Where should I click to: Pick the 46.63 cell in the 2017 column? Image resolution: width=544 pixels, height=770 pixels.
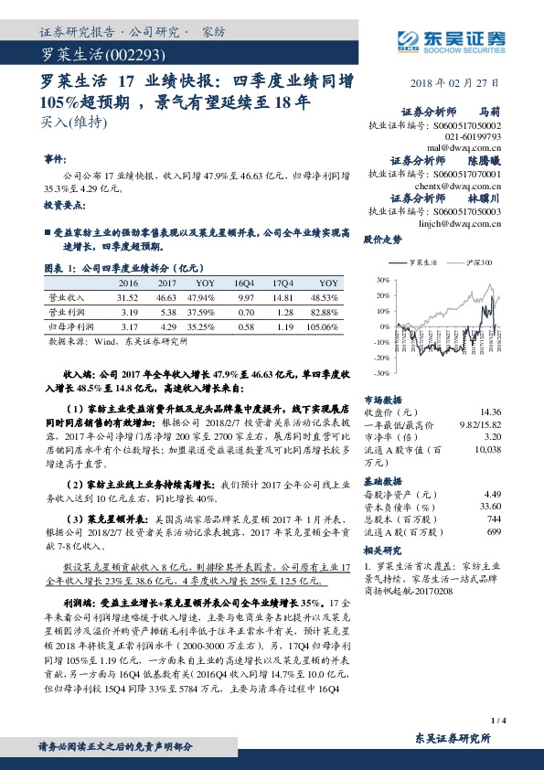click(165, 298)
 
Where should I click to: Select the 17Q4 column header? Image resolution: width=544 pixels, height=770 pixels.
click(282, 284)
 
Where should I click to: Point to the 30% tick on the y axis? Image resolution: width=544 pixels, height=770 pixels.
click(370, 279)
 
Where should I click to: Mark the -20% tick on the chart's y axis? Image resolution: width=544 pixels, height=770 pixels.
click(369, 358)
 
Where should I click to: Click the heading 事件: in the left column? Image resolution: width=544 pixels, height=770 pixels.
click(56, 158)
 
